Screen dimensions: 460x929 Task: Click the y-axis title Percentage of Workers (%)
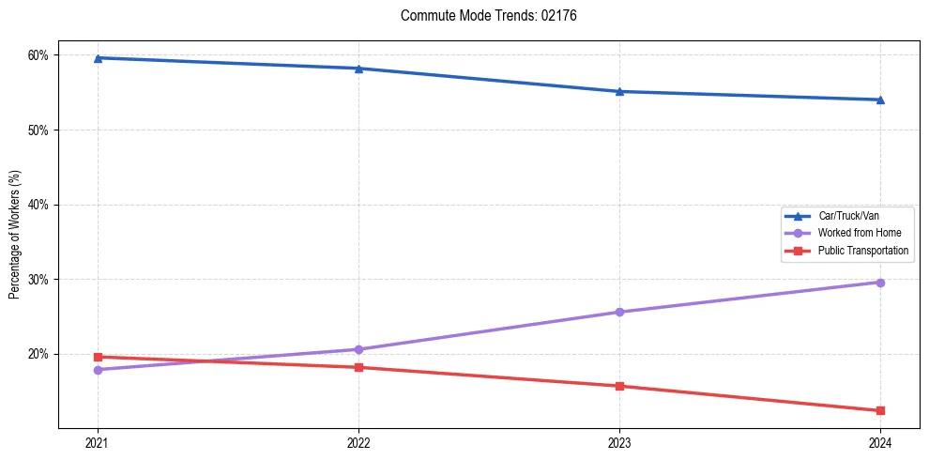tap(14, 235)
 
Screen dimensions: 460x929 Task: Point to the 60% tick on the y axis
tap(38, 54)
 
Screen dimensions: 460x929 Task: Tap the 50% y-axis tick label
tap(38, 130)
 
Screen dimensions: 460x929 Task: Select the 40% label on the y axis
tap(38, 205)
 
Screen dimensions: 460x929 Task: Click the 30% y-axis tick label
tap(38, 280)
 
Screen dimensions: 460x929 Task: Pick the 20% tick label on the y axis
tap(38, 354)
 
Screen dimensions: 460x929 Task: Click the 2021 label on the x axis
tap(98, 442)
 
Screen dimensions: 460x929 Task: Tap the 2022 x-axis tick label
tap(358, 442)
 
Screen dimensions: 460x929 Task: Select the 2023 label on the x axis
tap(619, 442)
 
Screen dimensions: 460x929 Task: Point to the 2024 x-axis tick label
tap(880, 442)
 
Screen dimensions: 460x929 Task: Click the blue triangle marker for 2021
tap(98, 58)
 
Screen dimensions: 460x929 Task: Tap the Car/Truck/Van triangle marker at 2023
tap(619, 91)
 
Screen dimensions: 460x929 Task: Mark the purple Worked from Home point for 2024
tap(880, 283)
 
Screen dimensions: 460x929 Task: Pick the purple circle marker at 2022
tap(358, 349)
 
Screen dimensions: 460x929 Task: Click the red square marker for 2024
tap(880, 410)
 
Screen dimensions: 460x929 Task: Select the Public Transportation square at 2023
tap(619, 386)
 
